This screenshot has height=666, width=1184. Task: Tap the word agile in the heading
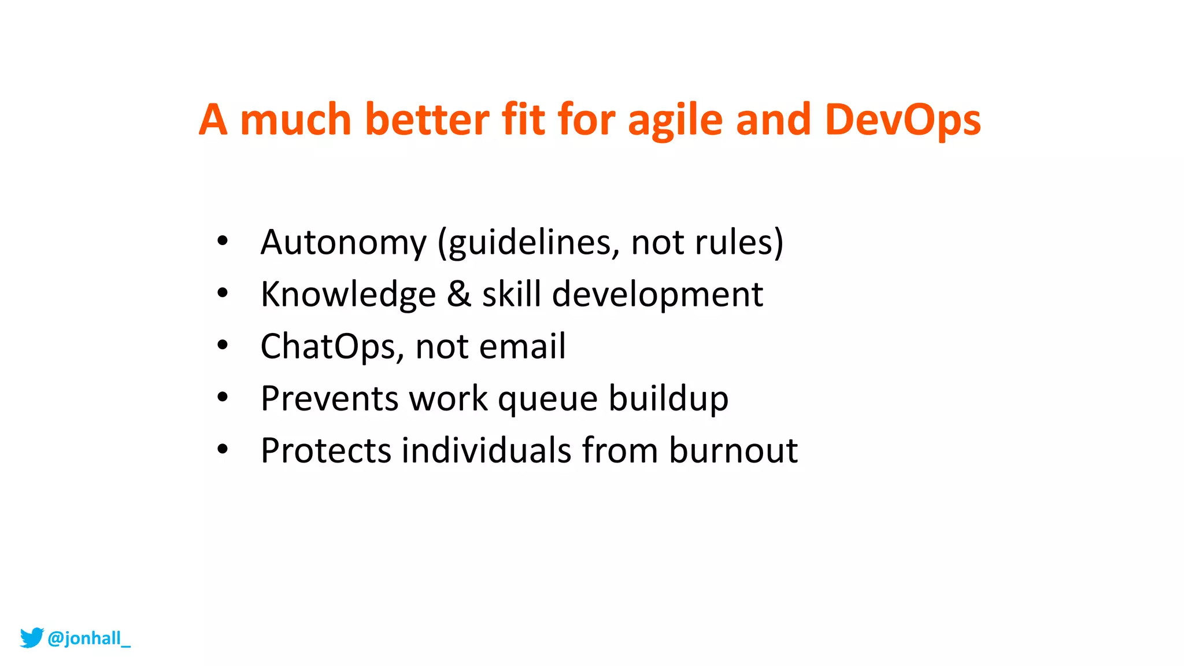(675, 120)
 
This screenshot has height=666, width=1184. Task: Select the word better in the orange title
(427, 120)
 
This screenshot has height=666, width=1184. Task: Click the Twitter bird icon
(32, 638)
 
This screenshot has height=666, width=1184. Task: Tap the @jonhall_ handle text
(89, 638)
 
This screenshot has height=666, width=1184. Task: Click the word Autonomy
(343, 242)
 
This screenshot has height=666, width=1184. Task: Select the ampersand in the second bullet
(459, 294)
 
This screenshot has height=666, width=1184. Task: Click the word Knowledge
(348, 294)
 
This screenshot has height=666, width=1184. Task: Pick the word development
(657, 294)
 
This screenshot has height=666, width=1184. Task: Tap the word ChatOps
(328, 346)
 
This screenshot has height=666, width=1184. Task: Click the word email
(522, 346)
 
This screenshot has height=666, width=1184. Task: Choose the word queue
(547, 398)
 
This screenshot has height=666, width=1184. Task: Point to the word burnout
(733, 450)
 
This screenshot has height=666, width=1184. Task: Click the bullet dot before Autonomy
(223, 241)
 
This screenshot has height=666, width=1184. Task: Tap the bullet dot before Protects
(223, 449)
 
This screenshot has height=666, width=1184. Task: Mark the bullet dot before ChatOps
(223, 345)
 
